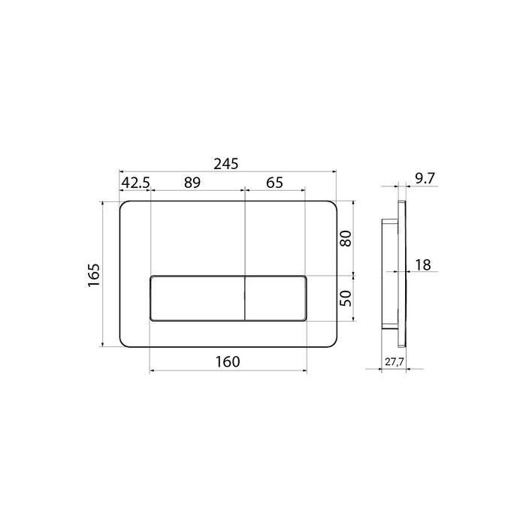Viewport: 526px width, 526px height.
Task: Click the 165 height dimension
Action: click(92, 275)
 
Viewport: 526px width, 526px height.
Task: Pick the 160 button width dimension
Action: click(228, 361)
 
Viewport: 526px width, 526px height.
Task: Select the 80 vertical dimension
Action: click(346, 239)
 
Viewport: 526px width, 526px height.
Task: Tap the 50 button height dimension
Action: click(346, 298)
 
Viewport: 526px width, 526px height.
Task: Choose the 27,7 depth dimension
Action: click(394, 361)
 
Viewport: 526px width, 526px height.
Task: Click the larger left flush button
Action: click(197, 298)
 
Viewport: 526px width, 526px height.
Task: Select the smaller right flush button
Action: click(276, 298)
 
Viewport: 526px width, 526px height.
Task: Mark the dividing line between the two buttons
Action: click(244, 298)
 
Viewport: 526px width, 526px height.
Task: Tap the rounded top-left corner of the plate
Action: click(124, 205)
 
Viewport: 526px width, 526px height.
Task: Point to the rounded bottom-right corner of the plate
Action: click(331, 345)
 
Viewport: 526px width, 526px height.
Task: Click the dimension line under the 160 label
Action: click(228, 370)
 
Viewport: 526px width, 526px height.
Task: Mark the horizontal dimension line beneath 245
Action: click(225, 172)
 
